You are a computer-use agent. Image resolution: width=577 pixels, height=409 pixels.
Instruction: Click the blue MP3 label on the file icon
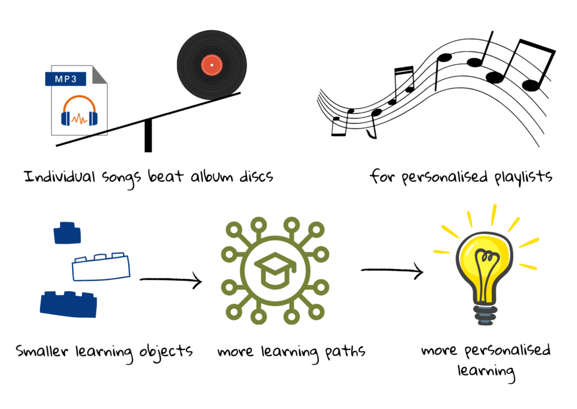pyautogui.click(x=65, y=79)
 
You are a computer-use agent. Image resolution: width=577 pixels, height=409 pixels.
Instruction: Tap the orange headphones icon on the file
pyautogui.click(x=79, y=111)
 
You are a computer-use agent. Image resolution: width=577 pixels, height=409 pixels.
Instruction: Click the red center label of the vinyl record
pyautogui.click(x=212, y=65)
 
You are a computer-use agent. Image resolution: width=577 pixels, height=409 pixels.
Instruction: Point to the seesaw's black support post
pyautogui.click(x=148, y=135)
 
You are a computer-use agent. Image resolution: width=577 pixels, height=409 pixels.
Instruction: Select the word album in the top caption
pyautogui.click(x=212, y=176)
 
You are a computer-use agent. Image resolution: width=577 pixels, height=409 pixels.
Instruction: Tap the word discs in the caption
pyautogui.click(x=256, y=176)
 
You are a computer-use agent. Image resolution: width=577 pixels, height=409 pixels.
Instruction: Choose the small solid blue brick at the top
pyautogui.click(x=68, y=233)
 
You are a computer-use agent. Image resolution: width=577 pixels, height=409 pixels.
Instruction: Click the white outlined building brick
pyautogui.click(x=101, y=266)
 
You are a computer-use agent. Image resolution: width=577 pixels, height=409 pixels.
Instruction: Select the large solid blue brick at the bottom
pyautogui.click(x=68, y=304)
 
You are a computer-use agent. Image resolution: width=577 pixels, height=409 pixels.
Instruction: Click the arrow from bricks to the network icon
pyautogui.click(x=171, y=280)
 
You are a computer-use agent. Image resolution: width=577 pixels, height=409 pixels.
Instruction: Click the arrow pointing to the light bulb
pyautogui.click(x=392, y=271)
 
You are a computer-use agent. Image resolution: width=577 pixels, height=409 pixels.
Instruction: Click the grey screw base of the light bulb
pyautogui.click(x=485, y=315)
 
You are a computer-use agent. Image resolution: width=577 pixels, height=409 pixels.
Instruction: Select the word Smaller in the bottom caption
pyautogui.click(x=42, y=350)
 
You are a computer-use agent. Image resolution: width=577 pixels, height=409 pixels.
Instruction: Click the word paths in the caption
pyautogui.click(x=345, y=352)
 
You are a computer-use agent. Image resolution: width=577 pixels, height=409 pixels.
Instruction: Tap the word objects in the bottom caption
pyautogui.click(x=166, y=352)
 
